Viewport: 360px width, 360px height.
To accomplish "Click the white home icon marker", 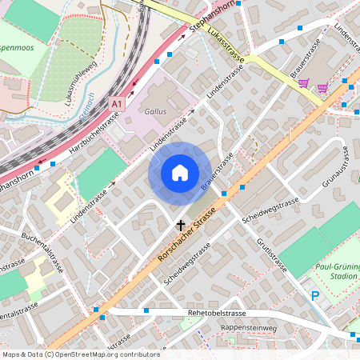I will coord(179,173).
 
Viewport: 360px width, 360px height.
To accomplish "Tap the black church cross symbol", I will coord(181,226).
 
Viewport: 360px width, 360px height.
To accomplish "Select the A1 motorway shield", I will coord(118,104).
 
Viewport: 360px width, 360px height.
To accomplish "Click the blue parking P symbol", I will coord(315,296).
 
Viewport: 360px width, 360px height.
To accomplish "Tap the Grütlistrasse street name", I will coord(272,254).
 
